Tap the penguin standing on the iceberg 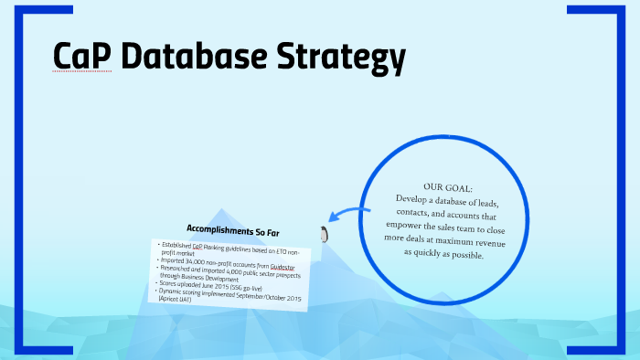point(323,234)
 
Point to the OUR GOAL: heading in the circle point(448,185)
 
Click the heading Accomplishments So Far point(233,228)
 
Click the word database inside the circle point(454,198)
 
